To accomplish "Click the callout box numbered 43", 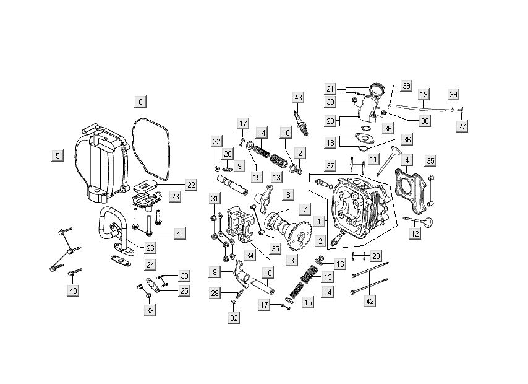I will coord(299,98).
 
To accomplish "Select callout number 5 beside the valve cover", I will coord(57,155).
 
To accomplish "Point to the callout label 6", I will coord(140,102).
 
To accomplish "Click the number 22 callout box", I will coord(174,185).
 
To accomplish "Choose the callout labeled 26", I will coord(150,248).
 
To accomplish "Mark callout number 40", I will coord(74,290).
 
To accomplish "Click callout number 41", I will coord(180,233).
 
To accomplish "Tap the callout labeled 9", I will coord(239,166).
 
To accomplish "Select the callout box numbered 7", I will coord(305,209).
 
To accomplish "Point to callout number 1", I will coord(318,220).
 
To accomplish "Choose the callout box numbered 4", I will coord(406,160).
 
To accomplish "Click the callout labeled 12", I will coord(414,233).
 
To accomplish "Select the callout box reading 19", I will coord(424,95).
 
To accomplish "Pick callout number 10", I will coord(268,273).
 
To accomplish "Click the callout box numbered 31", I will coord(215,199).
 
